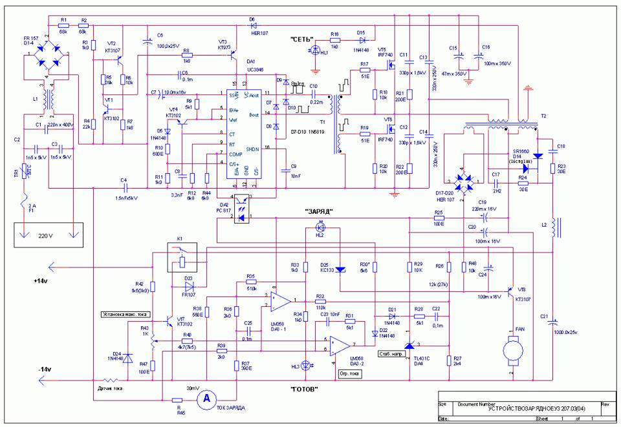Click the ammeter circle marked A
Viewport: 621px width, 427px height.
click(x=206, y=401)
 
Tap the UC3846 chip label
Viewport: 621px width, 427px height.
click(x=246, y=68)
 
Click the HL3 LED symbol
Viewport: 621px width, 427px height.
click(x=306, y=366)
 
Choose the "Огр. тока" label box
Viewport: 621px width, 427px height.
click(x=349, y=373)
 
